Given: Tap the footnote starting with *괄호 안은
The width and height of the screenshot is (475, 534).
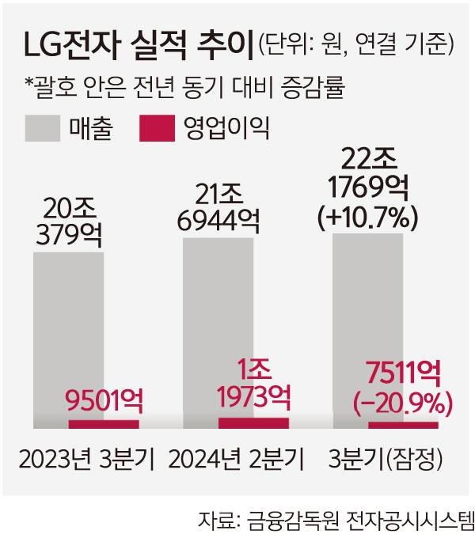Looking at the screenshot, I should [x=186, y=84].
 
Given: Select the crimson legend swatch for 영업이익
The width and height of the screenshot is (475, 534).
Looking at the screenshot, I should [x=161, y=128].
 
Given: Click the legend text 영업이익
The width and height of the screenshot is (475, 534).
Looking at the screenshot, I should [x=226, y=128].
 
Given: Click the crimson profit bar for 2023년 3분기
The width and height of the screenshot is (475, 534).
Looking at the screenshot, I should [x=104, y=424].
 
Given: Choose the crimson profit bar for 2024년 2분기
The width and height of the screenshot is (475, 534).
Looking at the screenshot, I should [x=254, y=422].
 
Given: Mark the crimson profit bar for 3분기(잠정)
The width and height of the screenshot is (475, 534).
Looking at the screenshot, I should [x=404, y=425].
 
